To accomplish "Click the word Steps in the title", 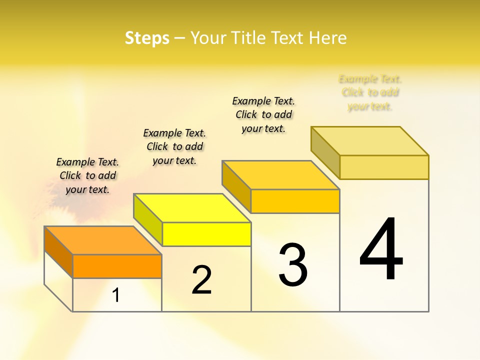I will point(146,38).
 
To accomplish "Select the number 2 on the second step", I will point(202,280).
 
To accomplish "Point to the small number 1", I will point(116,295).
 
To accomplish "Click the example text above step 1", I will point(87,175).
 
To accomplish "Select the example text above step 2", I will point(174,146).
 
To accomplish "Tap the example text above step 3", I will point(263,114).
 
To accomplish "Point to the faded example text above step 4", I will point(370,92).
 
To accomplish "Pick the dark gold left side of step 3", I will point(236,186).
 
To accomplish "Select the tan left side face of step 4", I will point(325,152).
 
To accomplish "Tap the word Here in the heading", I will point(327,38).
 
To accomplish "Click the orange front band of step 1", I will point(117,266).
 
